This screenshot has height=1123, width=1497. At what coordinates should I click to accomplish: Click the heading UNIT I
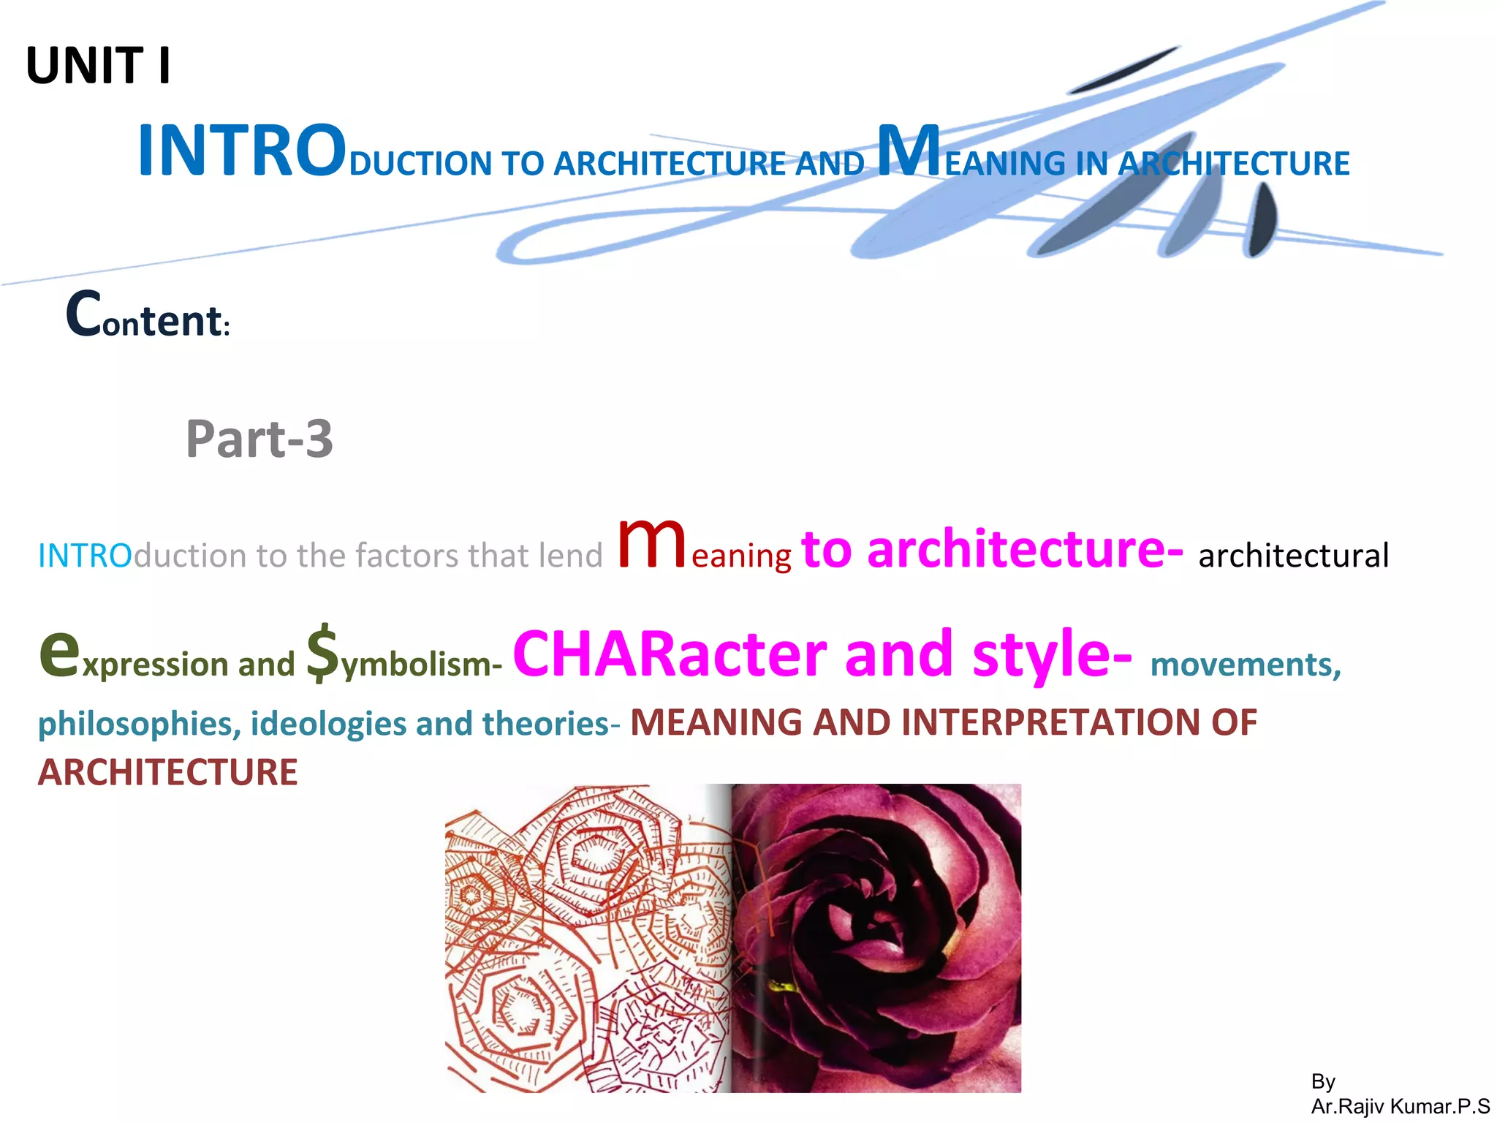[x=98, y=66]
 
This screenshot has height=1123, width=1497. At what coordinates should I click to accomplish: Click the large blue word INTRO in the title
[x=241, y=151]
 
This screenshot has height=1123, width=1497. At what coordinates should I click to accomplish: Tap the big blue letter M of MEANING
[x=909, y=151]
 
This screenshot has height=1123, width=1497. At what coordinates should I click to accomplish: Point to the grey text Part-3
[x=259, y=439]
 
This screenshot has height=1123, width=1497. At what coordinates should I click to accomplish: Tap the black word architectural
[x=1293, y=556]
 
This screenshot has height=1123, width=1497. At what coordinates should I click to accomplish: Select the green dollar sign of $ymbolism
[x=322, y=652]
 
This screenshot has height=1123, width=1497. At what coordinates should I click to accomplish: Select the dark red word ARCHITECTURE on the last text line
[x=168, y=772]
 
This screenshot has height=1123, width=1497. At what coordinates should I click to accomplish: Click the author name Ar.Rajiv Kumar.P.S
[x=1400, y=1106]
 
